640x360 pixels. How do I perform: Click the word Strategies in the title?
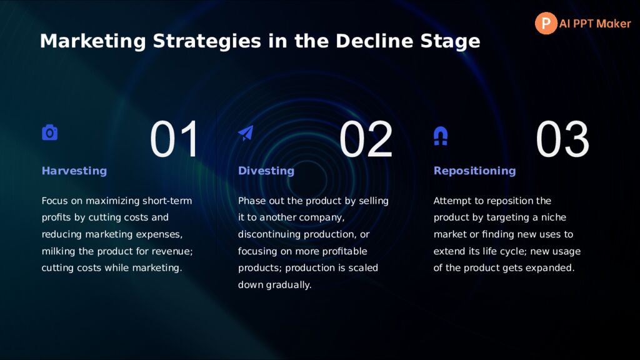pyautogui.click(x=207, y=42)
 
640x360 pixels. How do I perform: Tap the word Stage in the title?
pyautogui.click(x=450, y=42)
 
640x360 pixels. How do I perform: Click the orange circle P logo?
pyautogui.click(x=546, y=23)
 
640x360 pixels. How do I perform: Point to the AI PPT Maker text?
pyautogui.click(x=595, y=24)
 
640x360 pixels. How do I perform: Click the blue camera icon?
pyautogui.click(x=50, y=132)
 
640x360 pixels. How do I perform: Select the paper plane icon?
pyautogui.click(x=246, y=133)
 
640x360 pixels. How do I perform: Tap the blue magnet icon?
pyautogui.click(x=441, y=136)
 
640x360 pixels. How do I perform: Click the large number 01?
pyautogui.click(x=174, y=139)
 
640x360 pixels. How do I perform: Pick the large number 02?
pyautogui.click(x=366, y=139)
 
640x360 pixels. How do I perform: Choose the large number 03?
pyautogui.click(x=562, y=139)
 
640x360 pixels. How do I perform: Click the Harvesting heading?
pyautogui.click(x=74, y=171)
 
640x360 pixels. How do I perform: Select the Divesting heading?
pyautogui.click(x=266, y=171)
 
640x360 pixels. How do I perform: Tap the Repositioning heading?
pyautogui.click(x=475, y=171)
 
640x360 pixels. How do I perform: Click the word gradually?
pyautogui.click(x=289, y=285)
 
